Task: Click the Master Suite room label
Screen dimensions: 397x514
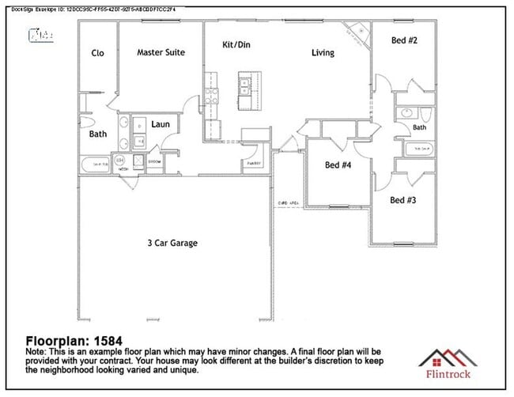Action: coord(161,53)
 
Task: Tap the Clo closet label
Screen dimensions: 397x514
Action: coord(98,54)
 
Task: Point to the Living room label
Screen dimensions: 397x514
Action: coord(323,53)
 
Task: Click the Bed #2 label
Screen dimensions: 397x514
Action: coord(405,40)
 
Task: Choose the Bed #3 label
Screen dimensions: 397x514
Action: coord(403,200)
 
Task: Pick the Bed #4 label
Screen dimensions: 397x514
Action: coord(338,165)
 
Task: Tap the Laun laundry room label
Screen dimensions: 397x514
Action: coord(161,124)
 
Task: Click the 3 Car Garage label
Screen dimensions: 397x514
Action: coord(172,243)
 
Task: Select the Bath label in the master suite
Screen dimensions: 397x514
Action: coord(98,134)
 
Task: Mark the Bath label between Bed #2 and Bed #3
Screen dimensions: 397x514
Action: coord(419,127)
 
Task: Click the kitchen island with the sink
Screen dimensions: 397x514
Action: coord(245,91)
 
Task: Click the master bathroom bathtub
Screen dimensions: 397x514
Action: coord(97,164)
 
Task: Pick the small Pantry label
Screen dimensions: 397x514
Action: coord(253,163)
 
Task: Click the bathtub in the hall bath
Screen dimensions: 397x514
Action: coord(419,148)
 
